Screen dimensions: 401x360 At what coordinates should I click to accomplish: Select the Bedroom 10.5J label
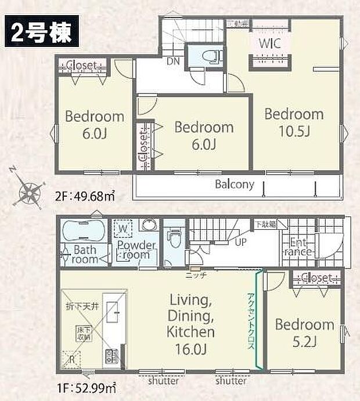click(294, 122)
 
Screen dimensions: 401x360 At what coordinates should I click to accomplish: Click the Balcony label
click(234, 185)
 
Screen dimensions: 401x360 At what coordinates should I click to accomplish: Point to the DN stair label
click(172, 60)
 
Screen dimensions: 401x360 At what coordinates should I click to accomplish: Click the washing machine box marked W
click(123, 229)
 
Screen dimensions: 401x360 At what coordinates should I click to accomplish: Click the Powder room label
click(136, 250)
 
